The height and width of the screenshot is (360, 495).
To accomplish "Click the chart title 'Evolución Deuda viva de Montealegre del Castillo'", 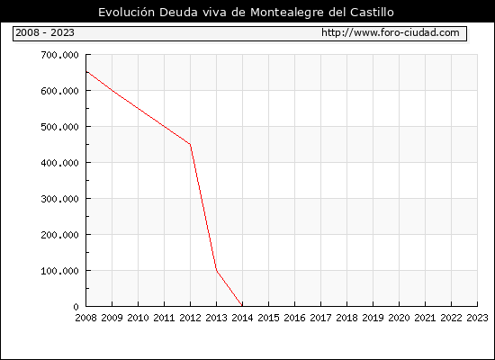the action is tap(246, 13).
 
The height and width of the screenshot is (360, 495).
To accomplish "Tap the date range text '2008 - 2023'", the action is tap(45, 32).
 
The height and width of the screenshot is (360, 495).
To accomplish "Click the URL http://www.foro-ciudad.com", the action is tap(391, 32).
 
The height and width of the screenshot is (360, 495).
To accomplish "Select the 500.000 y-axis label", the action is tap(59, 127).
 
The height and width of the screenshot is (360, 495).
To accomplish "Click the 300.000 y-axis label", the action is tap(59, 199).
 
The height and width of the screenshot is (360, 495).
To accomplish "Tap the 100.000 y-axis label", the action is tap(59, 271).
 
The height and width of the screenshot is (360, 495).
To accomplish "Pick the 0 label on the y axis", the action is tap(76, 307).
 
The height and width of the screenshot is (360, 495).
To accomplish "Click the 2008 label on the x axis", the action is tap(85, 318).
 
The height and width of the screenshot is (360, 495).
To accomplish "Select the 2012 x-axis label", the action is tap(191, 318).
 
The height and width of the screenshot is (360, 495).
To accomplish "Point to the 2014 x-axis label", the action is tap(242, 318).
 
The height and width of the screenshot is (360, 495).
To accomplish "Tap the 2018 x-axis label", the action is tap(346, 318).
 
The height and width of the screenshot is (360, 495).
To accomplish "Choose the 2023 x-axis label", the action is tap(477, 318).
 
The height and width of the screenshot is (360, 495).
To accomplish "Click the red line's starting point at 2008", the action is tap(86, 72).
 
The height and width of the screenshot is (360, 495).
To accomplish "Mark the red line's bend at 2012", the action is tap(191, 144).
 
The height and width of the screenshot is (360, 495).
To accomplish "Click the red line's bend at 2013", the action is tap(217, 270).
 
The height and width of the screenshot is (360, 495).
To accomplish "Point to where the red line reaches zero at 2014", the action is tap(242, 306).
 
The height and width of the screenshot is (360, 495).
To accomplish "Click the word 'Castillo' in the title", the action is tap(372, 13).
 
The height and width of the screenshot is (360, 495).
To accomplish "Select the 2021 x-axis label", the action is tap(425, 318).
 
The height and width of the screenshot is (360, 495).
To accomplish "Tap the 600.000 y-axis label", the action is tap(59, 91).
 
